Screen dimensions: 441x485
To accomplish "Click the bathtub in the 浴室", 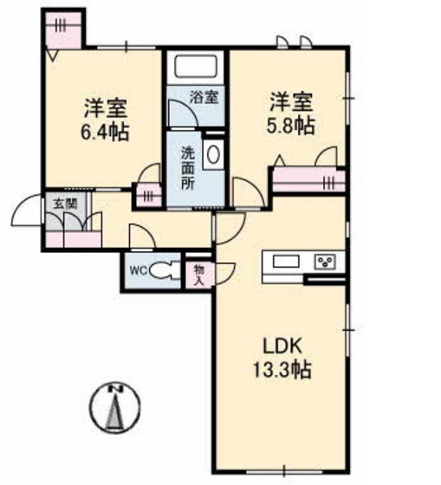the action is (x=195, y=68).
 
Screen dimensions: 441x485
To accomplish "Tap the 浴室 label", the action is (x=204, y=97).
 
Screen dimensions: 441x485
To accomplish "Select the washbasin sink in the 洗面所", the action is (x=213, y=154).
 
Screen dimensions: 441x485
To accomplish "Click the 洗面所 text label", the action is (x=187, y=168).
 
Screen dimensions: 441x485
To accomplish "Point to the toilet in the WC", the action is (x=165, y=271).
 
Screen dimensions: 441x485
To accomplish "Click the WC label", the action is (x=139, y=271).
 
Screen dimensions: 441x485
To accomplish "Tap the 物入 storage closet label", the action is (x=199, y=275).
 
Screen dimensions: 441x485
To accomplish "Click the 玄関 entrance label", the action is (x=65, y=204).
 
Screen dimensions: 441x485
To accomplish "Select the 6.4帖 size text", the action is (x=105, y=133).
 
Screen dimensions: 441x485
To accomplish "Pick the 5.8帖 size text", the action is (x=291, y=126).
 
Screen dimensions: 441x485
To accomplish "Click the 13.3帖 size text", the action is (x=282, y=369).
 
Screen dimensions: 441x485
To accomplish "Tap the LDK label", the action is (x=282, y=346).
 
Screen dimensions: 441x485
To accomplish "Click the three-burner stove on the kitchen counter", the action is (x=325, y=262).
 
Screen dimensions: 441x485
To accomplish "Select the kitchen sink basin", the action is (x=286, y=262).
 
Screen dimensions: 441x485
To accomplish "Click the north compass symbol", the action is (x=114, y=408).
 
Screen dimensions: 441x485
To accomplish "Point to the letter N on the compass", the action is (x=115, y=389).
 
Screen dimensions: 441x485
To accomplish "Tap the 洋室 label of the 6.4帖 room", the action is (x=105, y=108).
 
